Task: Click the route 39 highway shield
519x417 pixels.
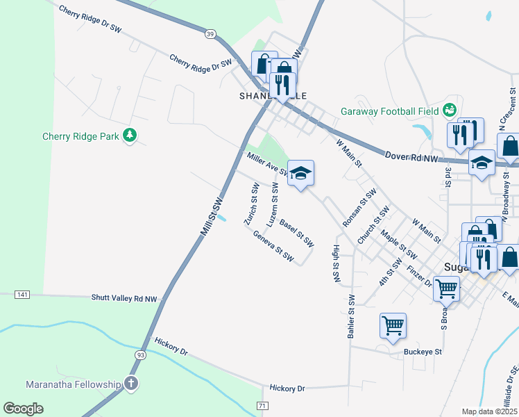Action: click(210, 33)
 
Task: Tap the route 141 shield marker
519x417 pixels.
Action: click(22, 295)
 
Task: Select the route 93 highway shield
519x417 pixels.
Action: click(141, 354)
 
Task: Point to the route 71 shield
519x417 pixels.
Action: click(262, 405)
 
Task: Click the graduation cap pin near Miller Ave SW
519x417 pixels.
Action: click(300, 173)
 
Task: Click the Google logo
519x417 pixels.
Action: click(24, 408)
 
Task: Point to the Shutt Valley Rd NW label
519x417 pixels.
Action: click(124, 297)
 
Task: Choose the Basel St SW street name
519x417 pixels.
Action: click(296, 234)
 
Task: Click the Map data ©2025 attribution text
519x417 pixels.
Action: click(489, 411)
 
